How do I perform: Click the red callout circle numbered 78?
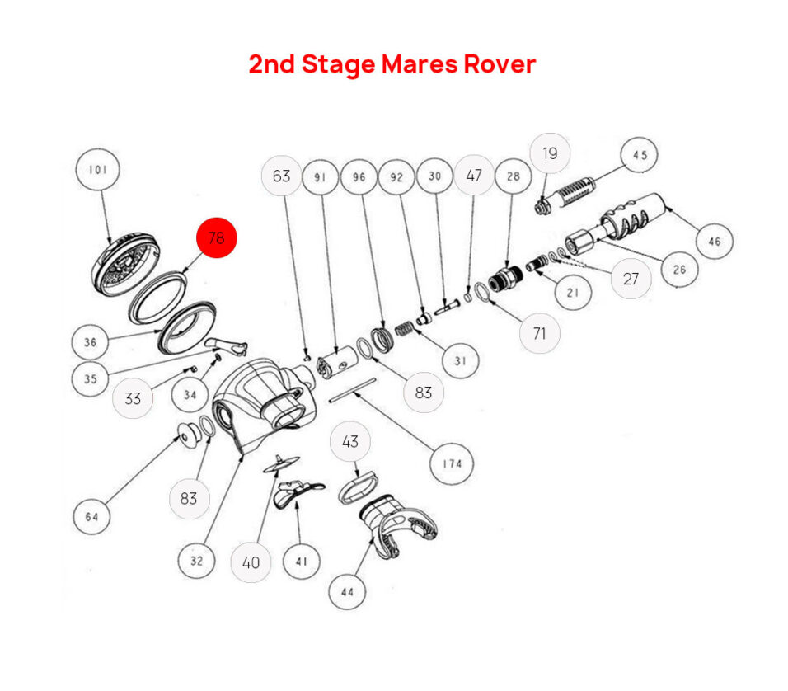216,238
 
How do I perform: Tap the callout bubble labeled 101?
98,171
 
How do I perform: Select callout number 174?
453,463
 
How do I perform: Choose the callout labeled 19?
549,153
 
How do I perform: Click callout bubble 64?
91,517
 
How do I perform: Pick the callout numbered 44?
347,591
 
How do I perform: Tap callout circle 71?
540,333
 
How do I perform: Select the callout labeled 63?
282,176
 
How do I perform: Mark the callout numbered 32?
197,561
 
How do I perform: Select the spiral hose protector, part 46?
636,217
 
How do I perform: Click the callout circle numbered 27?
631,279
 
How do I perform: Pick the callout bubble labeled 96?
359,176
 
